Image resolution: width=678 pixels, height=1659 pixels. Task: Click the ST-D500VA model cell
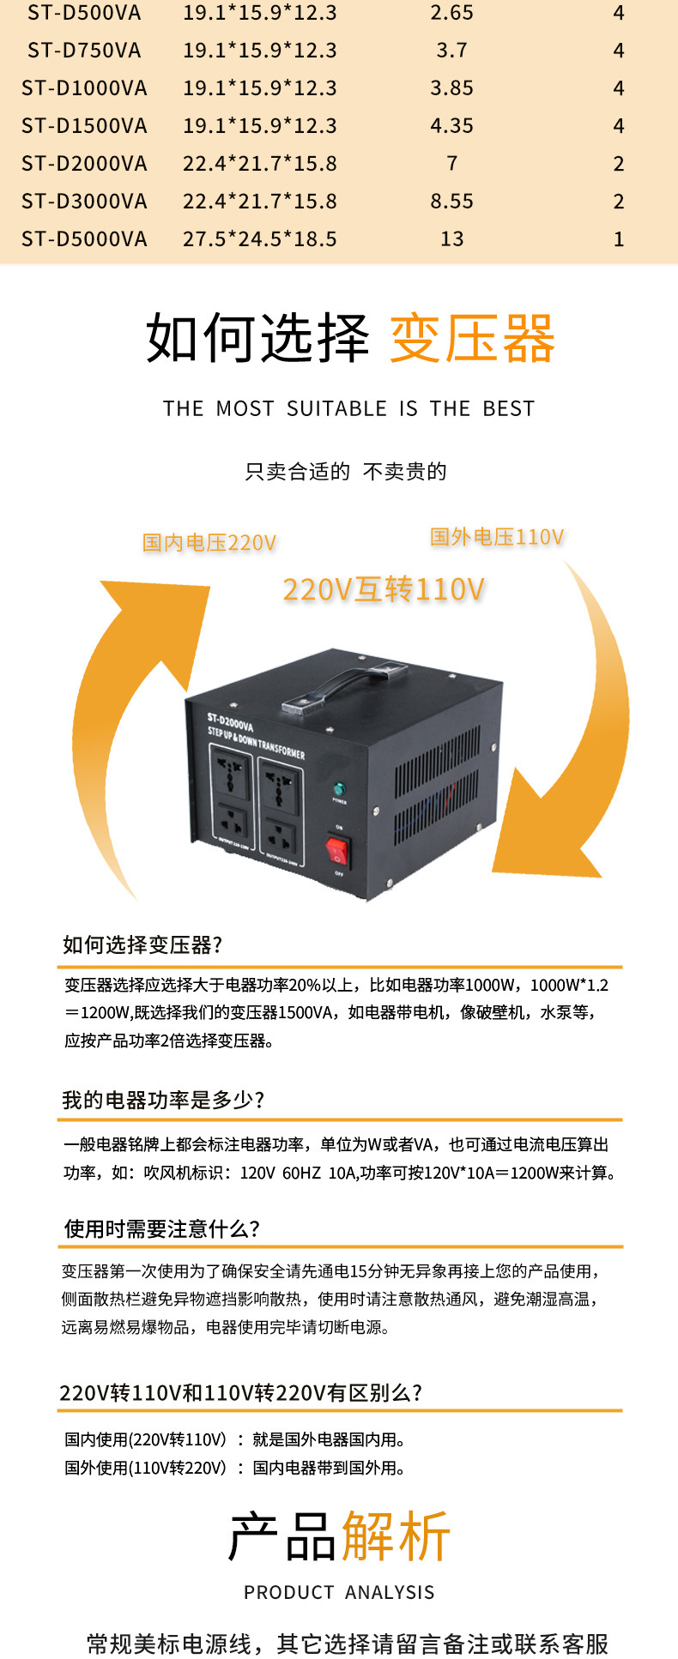[x=84, y=13]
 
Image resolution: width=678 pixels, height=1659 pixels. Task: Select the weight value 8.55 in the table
[x=451, y=202]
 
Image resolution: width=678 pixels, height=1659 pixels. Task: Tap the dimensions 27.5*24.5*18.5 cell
[x=259, y=239]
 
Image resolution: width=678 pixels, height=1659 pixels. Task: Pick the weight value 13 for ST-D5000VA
[x=451, y=239]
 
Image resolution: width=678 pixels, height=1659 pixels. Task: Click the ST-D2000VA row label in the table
[x=84, y=164]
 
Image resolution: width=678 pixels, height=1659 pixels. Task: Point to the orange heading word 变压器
[x=472, y=339]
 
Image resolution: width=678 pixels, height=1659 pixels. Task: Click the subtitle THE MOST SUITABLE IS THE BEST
[x=348, y=409]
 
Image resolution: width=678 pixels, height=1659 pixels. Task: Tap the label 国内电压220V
[x=209, y=543]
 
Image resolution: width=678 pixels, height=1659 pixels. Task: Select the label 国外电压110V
[x=497, y=538]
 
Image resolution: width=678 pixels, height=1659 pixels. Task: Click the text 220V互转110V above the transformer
[x=384, y=590]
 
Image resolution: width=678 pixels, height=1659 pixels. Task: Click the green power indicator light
[x=339, y=788]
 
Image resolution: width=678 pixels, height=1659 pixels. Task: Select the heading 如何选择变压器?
[x=142, y=945]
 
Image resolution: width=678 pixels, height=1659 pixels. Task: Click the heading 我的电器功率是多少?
[x=163, y=1101]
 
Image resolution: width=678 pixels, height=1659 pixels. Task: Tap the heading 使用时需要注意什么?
[x=161, y=1229]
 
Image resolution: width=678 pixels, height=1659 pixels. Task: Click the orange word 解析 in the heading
[x=396, y=1535]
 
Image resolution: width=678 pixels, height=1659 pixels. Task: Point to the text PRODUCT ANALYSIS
[x=339, y=1593]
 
